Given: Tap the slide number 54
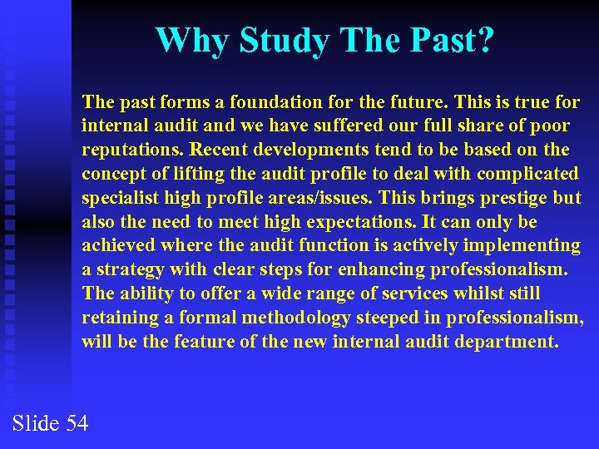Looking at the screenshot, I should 77,423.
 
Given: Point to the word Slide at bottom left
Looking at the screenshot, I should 36,423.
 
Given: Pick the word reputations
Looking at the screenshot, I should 132,150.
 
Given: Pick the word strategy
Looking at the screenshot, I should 126,270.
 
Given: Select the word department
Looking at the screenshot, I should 506,342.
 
